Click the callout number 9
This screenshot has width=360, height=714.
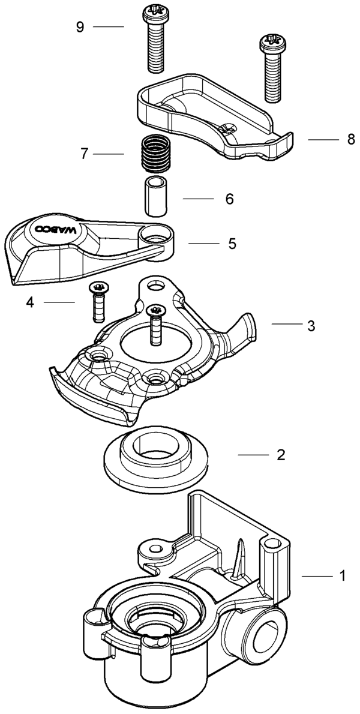pyautogui.click(x=80, y=28)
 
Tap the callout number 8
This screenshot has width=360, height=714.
pyautogui.click(x=350, y=139)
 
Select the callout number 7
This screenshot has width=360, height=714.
pyautogui.click(x=84, y=154)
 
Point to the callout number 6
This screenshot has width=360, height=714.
pyautogui.click(x=229, y=199)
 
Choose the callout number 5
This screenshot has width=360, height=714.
pyautogui.click(x=232, y=244)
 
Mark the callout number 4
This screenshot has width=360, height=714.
pyautogui.click(x=30, y=302)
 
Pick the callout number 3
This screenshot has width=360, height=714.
pyautogui.click(x=311, y=326)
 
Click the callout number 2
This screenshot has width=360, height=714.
pyautogui.click(x=281, y=455)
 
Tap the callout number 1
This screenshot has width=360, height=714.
pyautogui.click(x=342, y=576)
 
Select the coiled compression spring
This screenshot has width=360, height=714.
pyautogui.click(x=154, y=154)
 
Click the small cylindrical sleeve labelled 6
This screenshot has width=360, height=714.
pyautogui.click(x=155, y=196)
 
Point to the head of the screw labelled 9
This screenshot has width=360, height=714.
pyautogui.click(x=155, y=14)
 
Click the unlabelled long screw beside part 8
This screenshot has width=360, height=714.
pyautogui.click(x=272, y=69)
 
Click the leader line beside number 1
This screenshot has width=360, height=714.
pyautogui.click(x=317, y=576)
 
